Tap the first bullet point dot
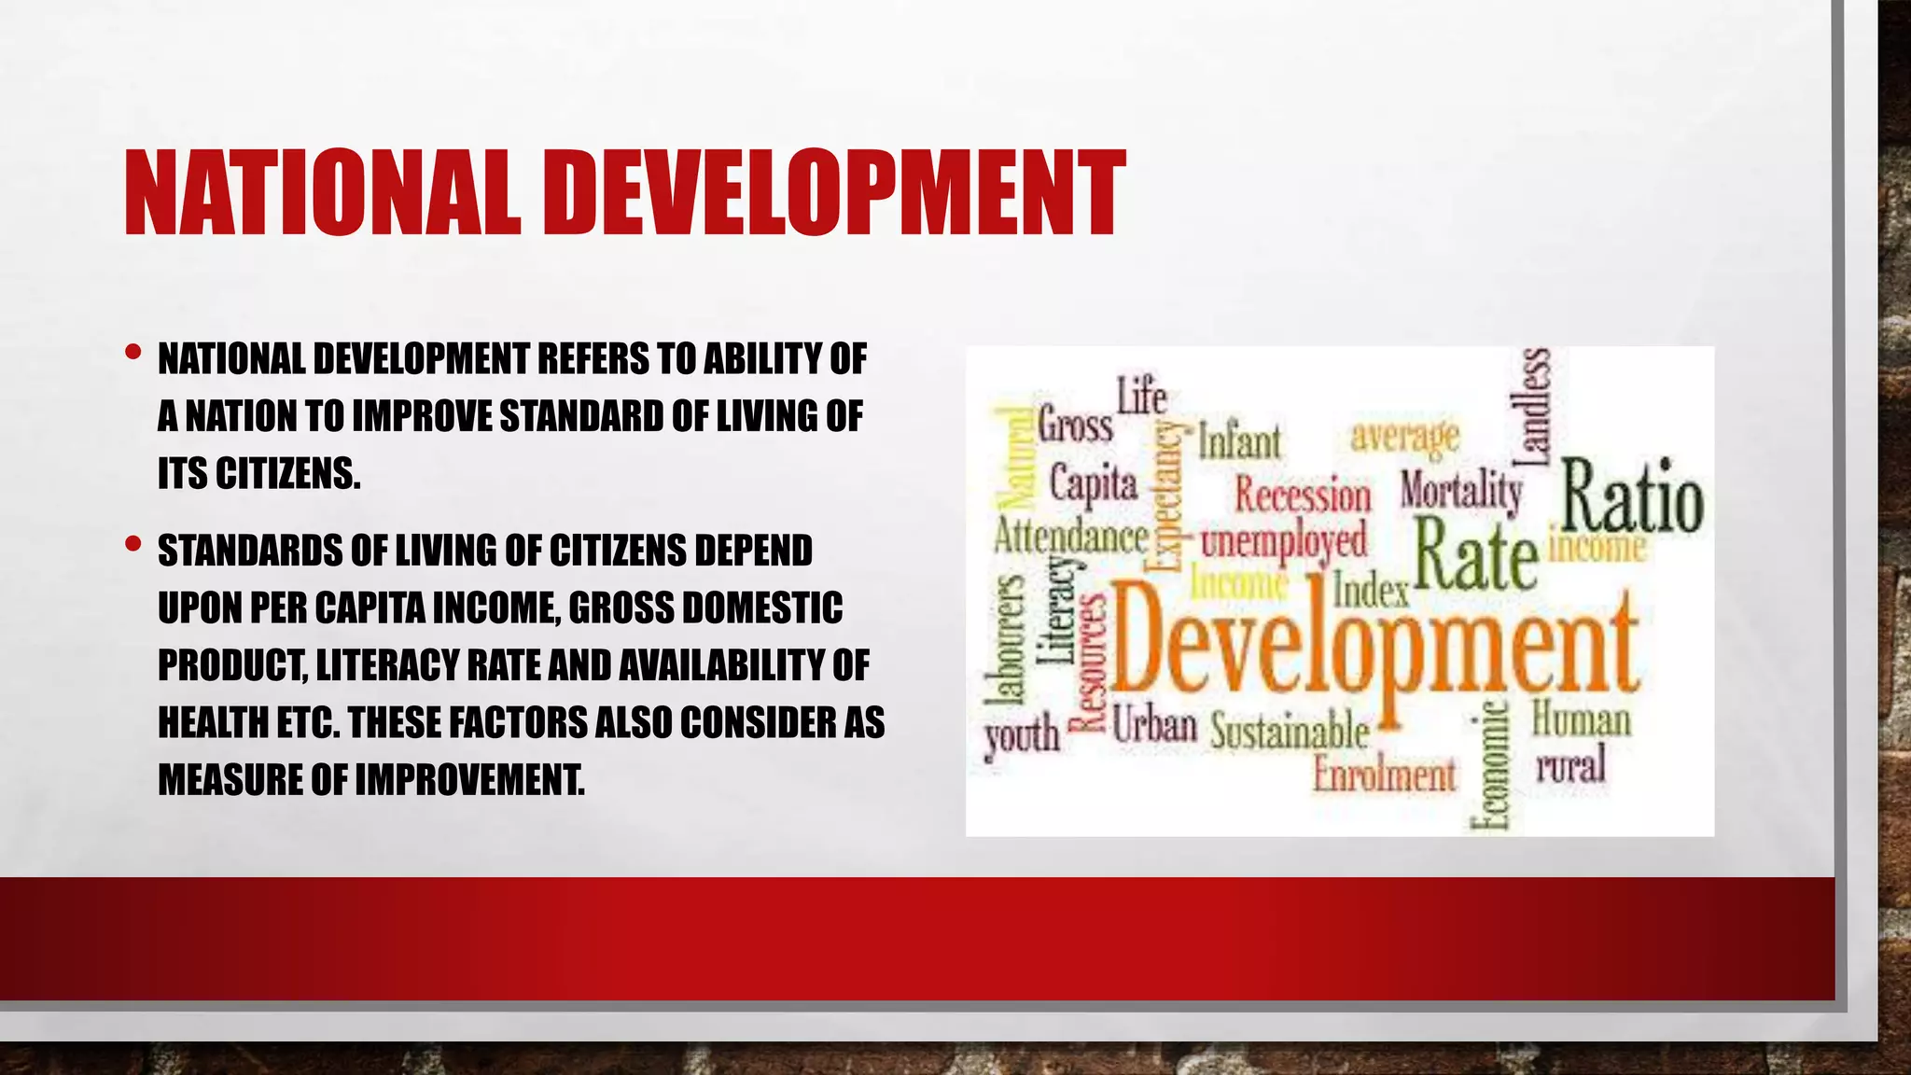(x=133, y=353)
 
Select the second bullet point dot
(x=133, y=543)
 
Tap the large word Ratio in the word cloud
(x=1632, y=496)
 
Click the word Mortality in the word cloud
(x=1460, y=491)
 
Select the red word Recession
(x=1303, y=495)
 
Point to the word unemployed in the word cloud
(x=1283, y=541)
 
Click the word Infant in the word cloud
(x=1239, y=441)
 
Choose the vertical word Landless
(x=1536, y=406)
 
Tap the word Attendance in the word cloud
(x=1070, y=537)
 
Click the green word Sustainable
(x=1290, y=731)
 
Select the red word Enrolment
(x=1384, y=775)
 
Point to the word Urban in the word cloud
(x=1154, y=723)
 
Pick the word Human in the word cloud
(x=1581, y=720)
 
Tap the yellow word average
(x=1404, y=435)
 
